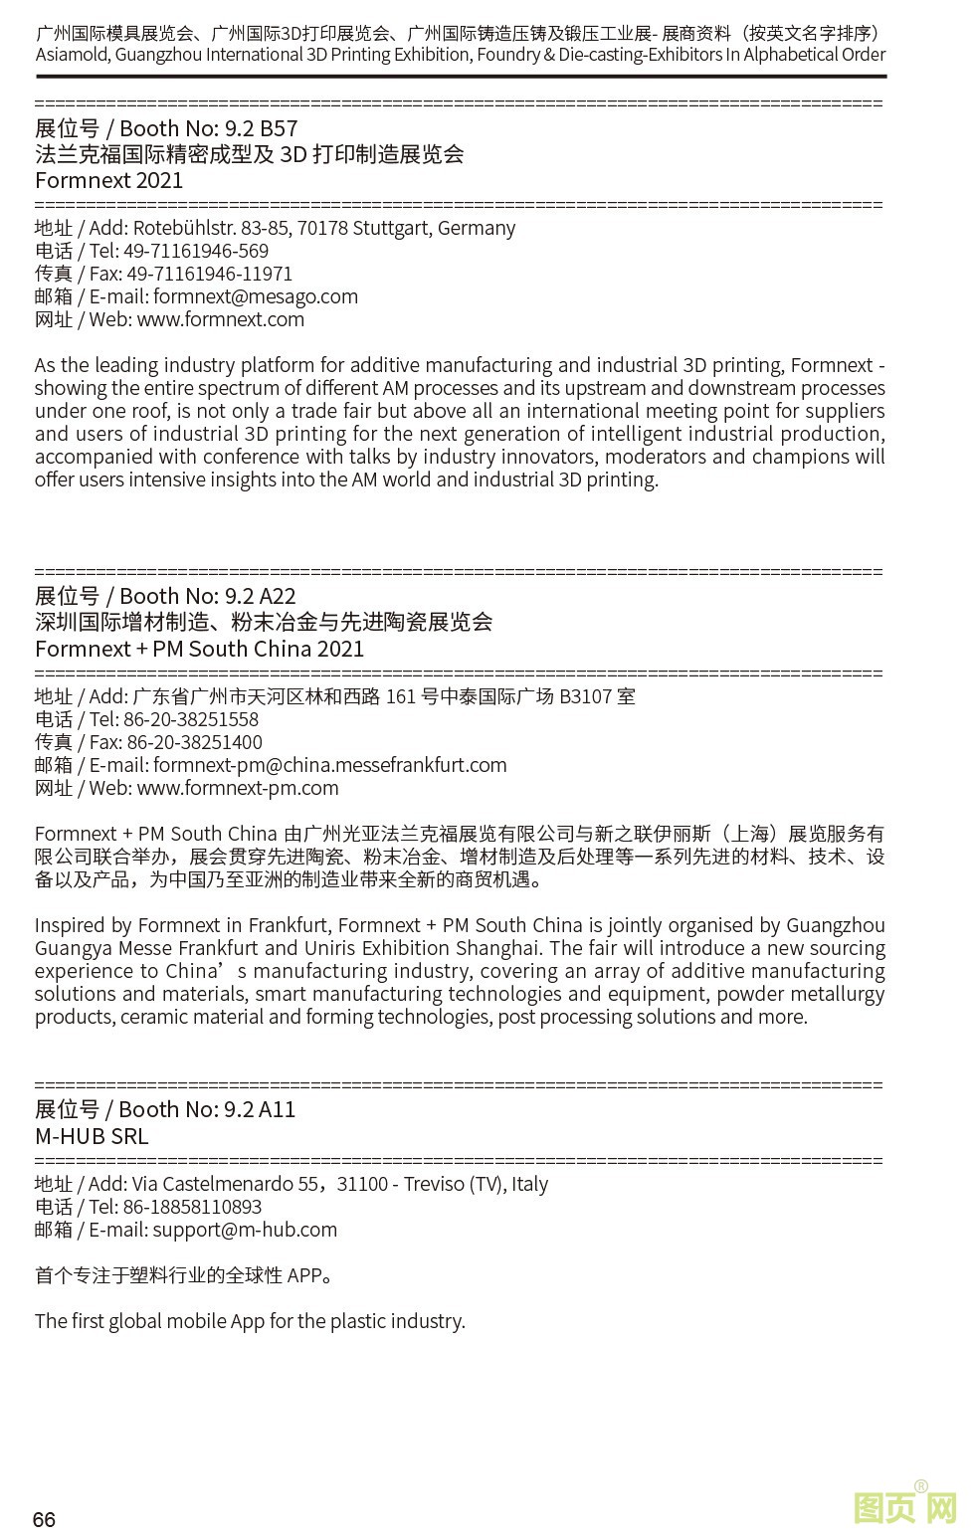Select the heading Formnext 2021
click(109, 180)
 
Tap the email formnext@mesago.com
click(256, 296)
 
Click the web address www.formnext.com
click(221, 319)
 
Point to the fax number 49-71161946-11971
click(210, 274)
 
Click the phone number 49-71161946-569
click(196, 251)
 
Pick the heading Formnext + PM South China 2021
click(199, 649)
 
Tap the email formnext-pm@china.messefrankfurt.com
click(330, 765)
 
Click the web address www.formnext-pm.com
click(238, 788)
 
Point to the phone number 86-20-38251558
click(191, 719)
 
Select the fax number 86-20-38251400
click(195, 742)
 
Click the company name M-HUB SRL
click(92, 1136)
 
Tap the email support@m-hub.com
click(245, 1230)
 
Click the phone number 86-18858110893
click(192, 1207)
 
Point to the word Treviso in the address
click(434, 1184)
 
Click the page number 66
click(44, 1519)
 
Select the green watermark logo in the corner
click(904, 1506)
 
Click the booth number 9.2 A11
click(260, 1109)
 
